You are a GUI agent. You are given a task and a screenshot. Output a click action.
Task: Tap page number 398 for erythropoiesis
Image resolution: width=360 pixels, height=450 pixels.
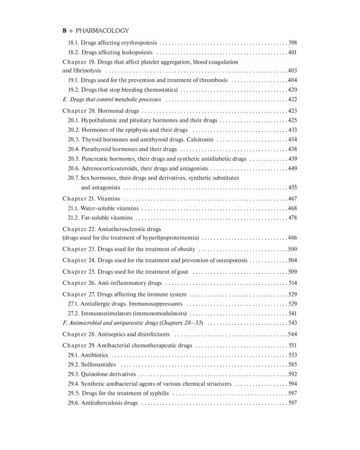coord(292,43)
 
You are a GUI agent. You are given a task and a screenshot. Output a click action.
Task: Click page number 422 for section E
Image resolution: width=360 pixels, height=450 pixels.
coord(292,99)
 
